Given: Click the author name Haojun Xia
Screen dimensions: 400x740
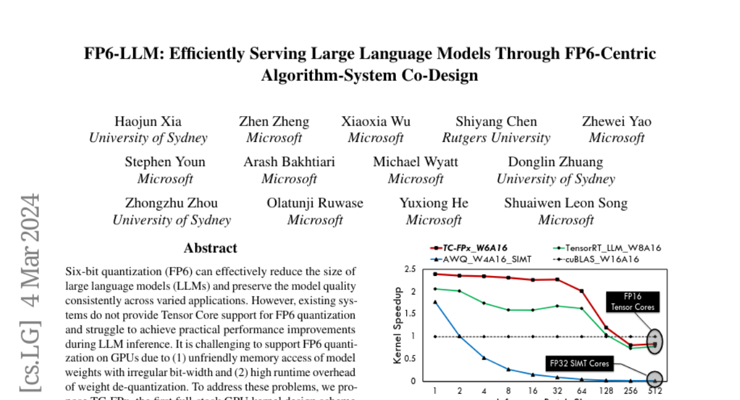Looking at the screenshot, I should coord(148,122).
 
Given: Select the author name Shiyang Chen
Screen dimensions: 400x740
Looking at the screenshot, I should coord(496,122).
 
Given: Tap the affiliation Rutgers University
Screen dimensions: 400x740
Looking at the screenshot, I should coord(496,138).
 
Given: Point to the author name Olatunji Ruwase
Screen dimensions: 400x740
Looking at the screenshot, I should coord(315,203).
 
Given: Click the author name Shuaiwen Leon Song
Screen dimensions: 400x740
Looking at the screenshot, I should coord(565,203).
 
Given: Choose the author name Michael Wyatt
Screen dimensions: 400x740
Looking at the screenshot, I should coord(416,162).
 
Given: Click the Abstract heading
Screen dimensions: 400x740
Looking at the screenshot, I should coord(210,248).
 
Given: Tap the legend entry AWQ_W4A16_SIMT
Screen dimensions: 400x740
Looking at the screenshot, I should coord(487,259).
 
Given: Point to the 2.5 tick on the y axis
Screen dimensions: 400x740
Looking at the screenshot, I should coord(410,269).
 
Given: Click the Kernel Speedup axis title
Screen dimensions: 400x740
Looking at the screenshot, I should coord(398,325).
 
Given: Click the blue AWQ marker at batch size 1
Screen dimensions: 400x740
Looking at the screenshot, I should coord(435,302).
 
